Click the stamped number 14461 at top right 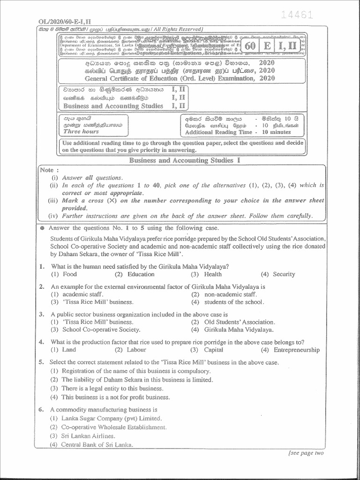(297, 15)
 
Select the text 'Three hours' (81, 132)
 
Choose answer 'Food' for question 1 (69, 274)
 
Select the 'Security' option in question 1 (284, 274)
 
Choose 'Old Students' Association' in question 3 (239, 322)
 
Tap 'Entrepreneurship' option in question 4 (296, 350)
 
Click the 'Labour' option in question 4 (136, 350)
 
